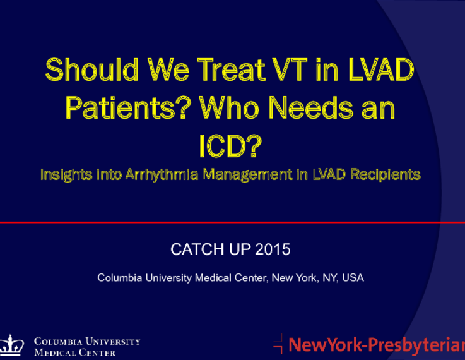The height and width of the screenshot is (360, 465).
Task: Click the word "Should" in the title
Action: (91, 69)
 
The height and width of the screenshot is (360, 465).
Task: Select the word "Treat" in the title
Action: (231, 69)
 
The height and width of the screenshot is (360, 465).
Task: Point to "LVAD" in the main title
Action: (381, 69)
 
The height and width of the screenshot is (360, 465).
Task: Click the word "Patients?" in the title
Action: (126, 108)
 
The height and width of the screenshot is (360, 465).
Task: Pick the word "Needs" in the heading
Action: (311, 108)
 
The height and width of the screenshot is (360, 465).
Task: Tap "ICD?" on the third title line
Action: (230, 146)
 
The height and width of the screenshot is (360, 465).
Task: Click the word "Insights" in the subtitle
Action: (66, 174)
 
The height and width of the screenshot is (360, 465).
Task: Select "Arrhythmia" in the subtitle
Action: (162, 174)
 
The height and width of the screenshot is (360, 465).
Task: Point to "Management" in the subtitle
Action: (247, 174)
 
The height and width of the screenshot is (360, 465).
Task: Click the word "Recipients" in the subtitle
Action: (386, 174)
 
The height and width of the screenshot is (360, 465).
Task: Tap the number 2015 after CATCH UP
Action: (273, 249)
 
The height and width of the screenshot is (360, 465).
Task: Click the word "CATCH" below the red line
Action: (197, 249)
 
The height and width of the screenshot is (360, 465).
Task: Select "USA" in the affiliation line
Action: (353, 278)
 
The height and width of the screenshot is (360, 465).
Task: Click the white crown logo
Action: (11, 345)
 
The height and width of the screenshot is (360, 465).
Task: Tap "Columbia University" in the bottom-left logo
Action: (87, 341)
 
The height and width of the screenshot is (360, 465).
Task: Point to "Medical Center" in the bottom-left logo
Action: (74, 352)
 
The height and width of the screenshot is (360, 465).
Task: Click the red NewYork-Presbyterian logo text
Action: (377, 345)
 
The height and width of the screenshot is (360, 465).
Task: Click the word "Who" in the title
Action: (229, 108)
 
